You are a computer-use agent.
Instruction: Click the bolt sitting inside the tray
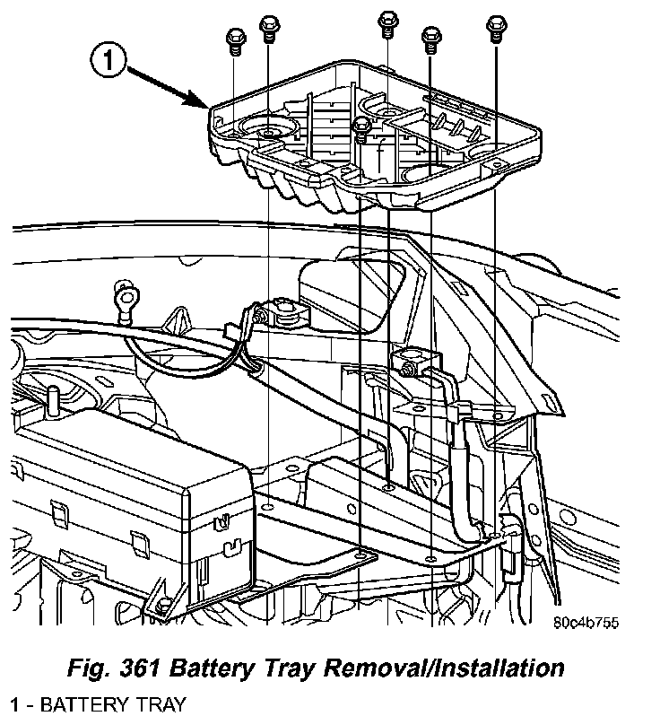pos(361,129)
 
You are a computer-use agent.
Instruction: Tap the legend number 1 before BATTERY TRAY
pos(15,703)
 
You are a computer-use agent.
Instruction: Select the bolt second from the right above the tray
pos(431,37)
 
